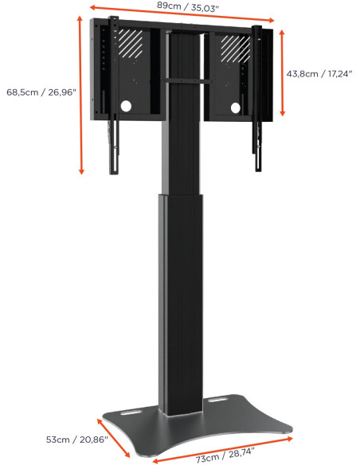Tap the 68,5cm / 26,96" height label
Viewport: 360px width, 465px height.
pyautogui.click(x=41, y=92)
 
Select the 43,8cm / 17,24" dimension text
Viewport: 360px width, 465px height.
pyautogui.click(x=322, y=72)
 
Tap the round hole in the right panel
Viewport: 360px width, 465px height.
pyautogui.click(x=235, y=107)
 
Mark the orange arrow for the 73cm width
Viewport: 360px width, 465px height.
pyautogui.click(x=221, y=448)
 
